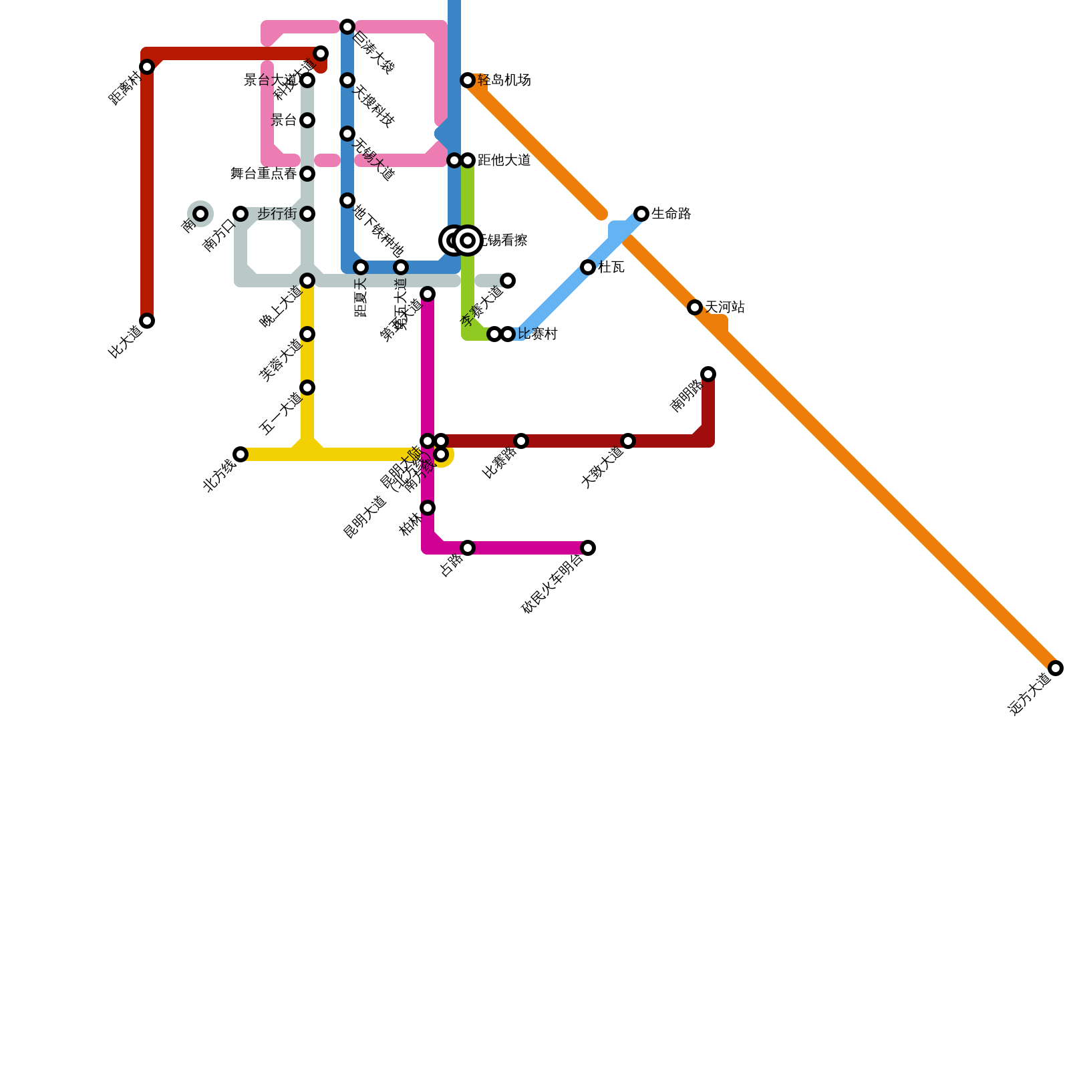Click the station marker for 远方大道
click(x=1056, y=667)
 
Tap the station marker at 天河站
click(x=695, y=307)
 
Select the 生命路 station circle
click(x=641, y=214)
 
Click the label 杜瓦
click(x=611, y=267)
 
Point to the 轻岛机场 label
click(x=504, y=80)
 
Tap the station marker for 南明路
click(x=708, y=373)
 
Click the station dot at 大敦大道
click(x=628, y=441)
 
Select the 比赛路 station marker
click(x=521, y=441)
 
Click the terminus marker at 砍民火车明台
click(x=588, y=548)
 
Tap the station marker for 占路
click(x=468, y=548)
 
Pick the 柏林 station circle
click(x=428, y=508)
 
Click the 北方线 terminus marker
click(x=241, y=454)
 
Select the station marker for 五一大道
click(x=307, y=388)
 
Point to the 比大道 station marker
click(x=147, y=321)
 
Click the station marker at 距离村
click(x=147, y=67)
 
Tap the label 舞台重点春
click(x=264, y=174)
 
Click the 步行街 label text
click(x=277, y=214)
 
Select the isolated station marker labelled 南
click(x=200, y=214)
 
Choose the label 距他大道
click(x=504, y=160)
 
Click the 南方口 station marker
click(x=241, y=214)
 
